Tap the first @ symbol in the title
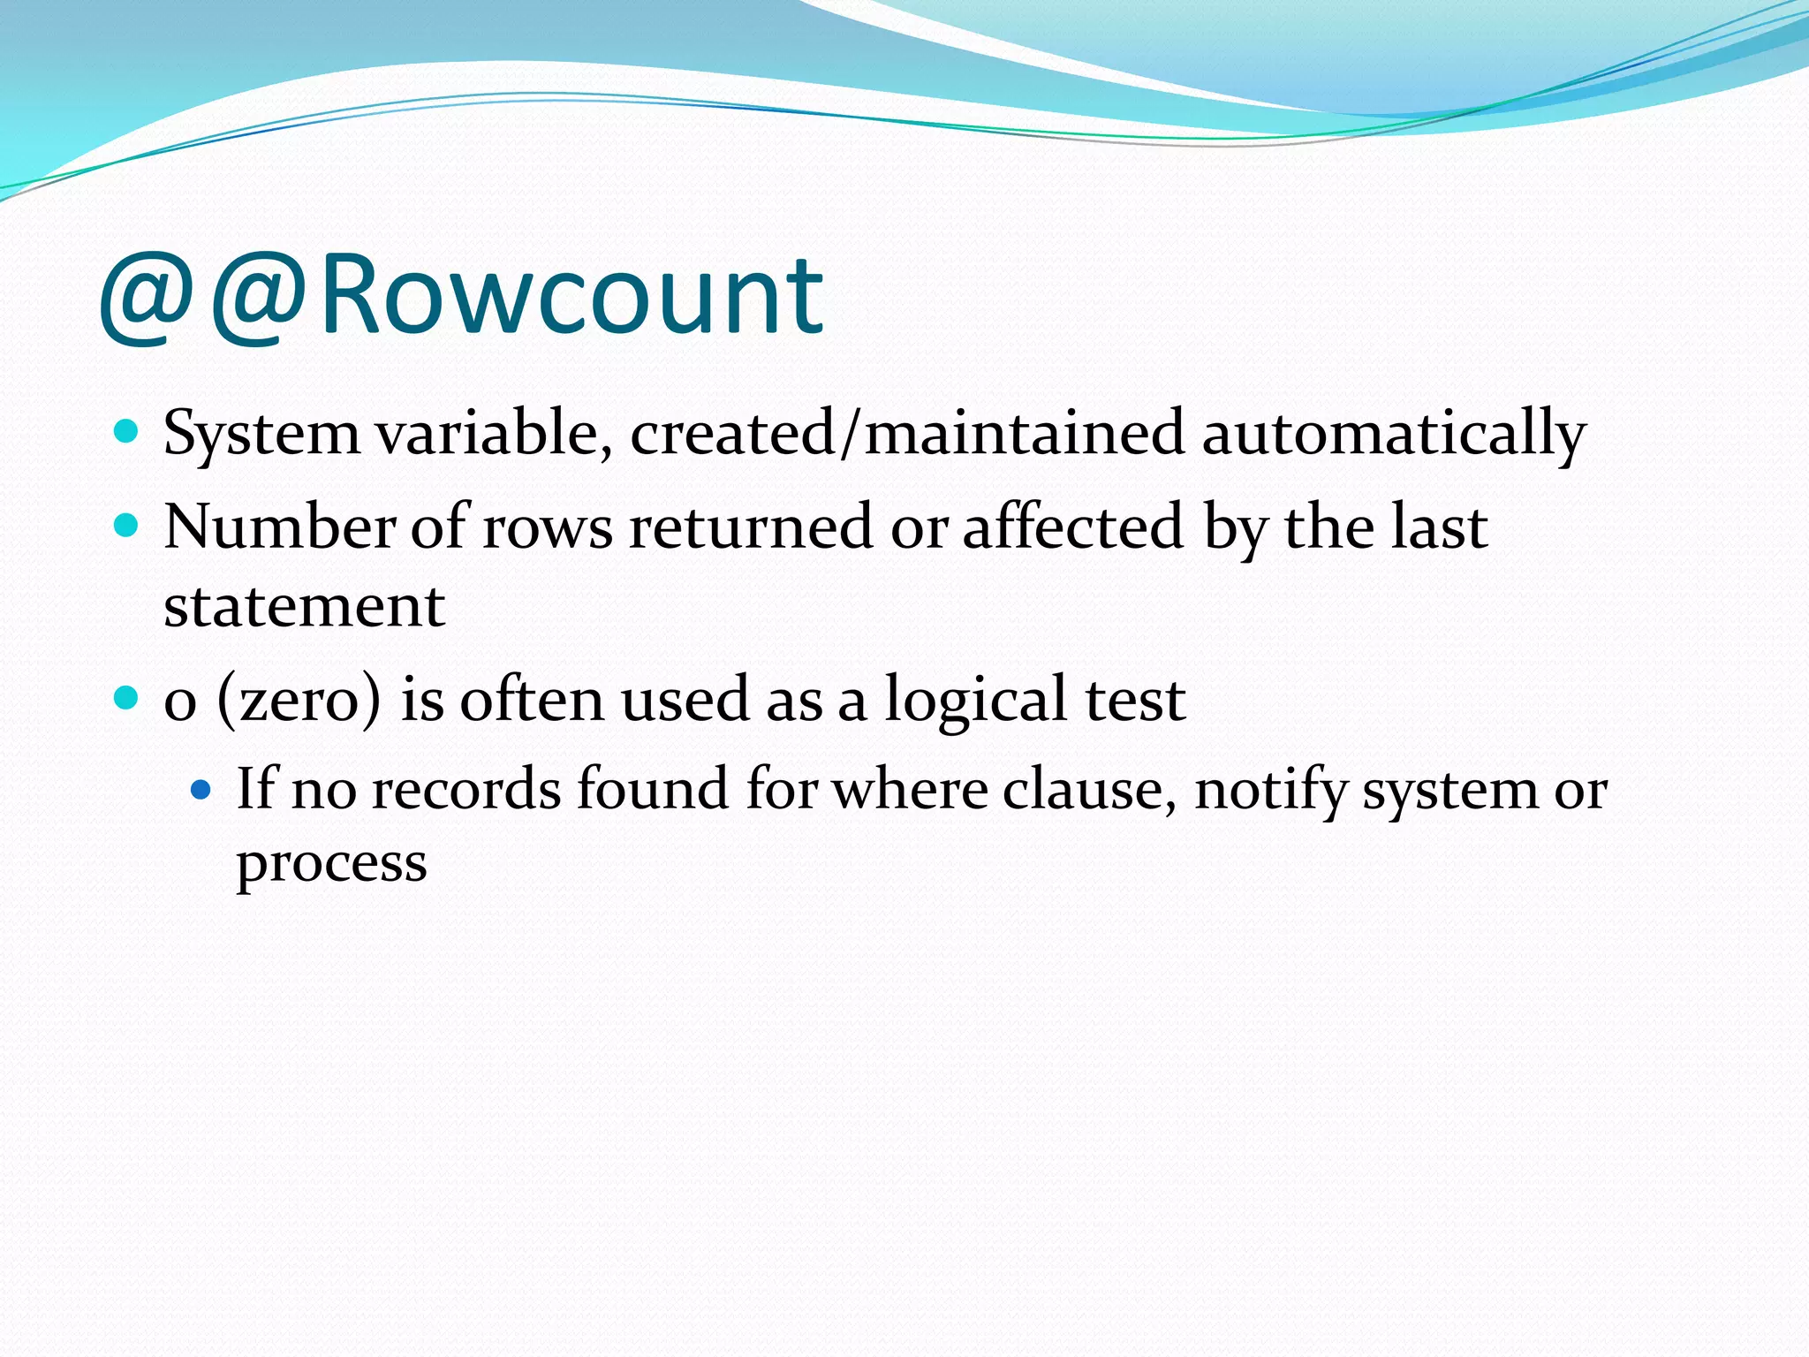pyautogui.click(x=147, y=296)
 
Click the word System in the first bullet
pyautogui.click(x=261, y=435)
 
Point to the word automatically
pyautogui.click(x=1393, y=435)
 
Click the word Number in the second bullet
pyautogui.click(x=279, y=527)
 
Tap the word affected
pyautogui.click(x=1072, y=527)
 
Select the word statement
pyautogui.click(x=304, y=608)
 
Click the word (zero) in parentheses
pyautogui.click(x=299, y=701)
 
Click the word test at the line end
pyautogui.click(x=1135, y=701)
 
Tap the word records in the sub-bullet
pyautogui.click(x=465, y=788)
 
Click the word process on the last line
pyautogui.click(x=331, y=864)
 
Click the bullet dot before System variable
pyautogui.click(x=127, y=432)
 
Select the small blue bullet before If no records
pyautogui.click(x=201, y=788)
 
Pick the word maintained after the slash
pyautogui.click(x=1024, y=433)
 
